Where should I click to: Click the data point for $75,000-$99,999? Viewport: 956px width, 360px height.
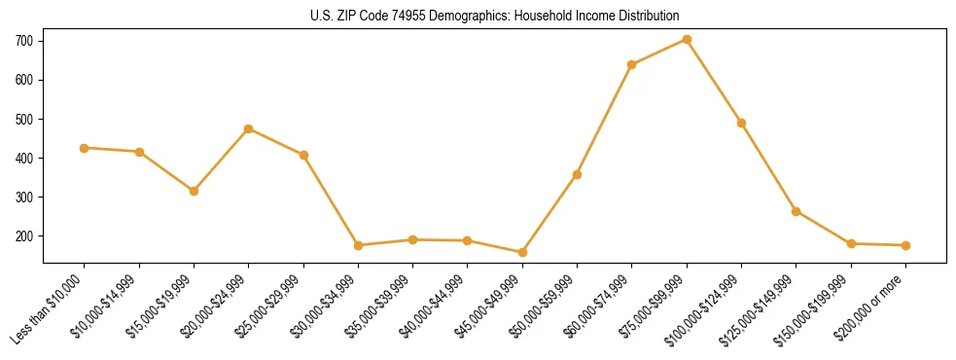point(687,39)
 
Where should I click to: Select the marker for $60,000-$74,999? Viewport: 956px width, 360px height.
point(632,65)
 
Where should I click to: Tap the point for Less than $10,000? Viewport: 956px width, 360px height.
point(85,148)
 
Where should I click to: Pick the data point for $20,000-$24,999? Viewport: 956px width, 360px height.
point(249,128)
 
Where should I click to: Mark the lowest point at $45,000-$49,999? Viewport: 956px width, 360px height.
point(522,252)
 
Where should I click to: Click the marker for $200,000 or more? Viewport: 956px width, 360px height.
point(905,245)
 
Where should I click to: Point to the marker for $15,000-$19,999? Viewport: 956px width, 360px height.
point(194,191)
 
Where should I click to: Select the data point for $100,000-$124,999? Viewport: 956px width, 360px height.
point(741,123)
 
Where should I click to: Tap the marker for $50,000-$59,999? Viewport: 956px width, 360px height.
point(577,174)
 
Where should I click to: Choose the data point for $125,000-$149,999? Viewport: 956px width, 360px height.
point(796,211)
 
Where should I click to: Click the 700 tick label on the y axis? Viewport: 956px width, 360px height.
point(24,41)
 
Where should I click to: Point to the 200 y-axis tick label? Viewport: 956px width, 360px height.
point(24,236)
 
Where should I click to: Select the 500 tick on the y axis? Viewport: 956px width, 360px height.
point(24,119)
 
